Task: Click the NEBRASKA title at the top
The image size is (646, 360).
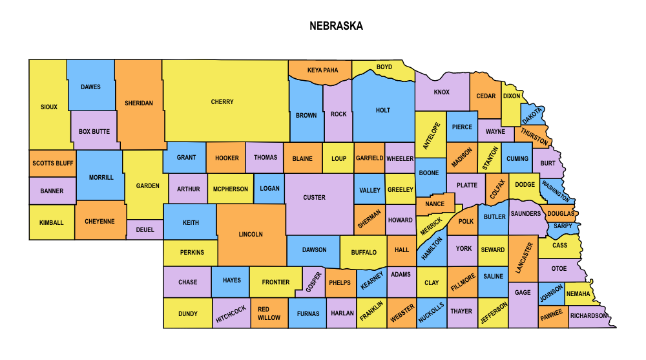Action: [335, 26]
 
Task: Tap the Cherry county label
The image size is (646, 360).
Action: [222, 102]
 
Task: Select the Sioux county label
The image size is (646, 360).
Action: [49, 107]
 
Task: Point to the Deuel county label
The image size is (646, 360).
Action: [145, 229]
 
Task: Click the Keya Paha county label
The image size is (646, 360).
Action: [322, 70]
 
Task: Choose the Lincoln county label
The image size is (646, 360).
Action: [251, 235]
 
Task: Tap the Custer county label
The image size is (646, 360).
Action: [315, 198]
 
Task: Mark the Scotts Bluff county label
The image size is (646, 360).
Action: [53, 164]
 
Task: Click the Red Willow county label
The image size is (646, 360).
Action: [269, 313]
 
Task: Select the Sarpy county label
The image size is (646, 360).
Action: [563, 226]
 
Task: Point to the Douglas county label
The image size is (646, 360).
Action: [560, 213]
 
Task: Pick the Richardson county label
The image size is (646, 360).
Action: [589, 316]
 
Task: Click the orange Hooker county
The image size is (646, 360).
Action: [227, 158]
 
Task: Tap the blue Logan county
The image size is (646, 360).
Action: [270, 189]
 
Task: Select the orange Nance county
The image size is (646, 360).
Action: [435, 204]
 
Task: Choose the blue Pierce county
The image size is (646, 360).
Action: [462, 127]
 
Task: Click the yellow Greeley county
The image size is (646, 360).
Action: [400, 190]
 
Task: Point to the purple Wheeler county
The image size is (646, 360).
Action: [400, 158]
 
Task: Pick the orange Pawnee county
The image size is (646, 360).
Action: [552, 313]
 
